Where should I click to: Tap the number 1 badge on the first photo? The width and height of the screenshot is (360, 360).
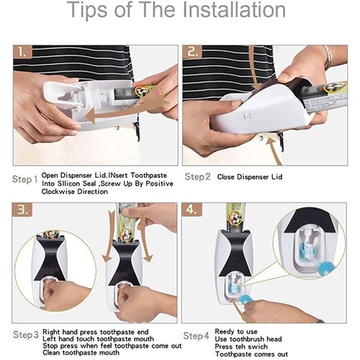(x=22, y=52)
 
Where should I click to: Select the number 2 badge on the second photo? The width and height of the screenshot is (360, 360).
(x=192, y=52)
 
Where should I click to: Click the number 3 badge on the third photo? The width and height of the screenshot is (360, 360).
(x=23, y=210)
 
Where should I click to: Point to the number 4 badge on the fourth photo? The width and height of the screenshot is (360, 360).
(x=192, y=210)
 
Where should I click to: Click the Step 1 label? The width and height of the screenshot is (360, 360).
(x=24, y=179)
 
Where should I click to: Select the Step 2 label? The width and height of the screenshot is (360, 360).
(x=197, y=177)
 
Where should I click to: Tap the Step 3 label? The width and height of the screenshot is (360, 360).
(x=26, y=335)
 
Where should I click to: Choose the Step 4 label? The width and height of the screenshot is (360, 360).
(x=196, y=336)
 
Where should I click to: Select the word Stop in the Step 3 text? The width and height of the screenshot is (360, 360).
(x=50, y=346)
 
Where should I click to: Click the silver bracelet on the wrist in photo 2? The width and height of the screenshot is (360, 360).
(x=328, y=56)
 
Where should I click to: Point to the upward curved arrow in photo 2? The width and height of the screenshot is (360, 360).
(x=273, y=151)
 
